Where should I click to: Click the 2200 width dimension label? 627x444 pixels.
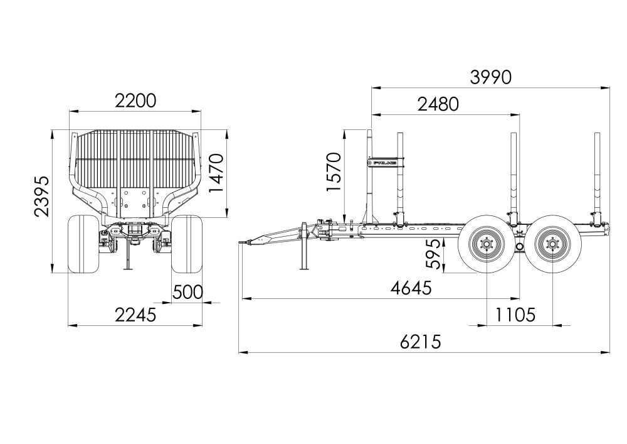click(135, 101)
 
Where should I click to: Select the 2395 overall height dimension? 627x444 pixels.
click(42, 196)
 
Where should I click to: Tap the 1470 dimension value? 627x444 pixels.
click(216, 173)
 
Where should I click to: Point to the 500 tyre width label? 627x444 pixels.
click(187, 292)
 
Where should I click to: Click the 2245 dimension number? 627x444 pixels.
click(135, 315)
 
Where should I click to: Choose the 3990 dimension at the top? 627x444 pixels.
click(491, 77)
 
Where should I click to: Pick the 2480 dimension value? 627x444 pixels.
click(438, 104)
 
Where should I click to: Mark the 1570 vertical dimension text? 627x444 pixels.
click(334, 171)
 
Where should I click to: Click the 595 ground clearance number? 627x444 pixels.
click(433, 254)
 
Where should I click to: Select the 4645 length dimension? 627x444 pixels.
click(411, 288)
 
